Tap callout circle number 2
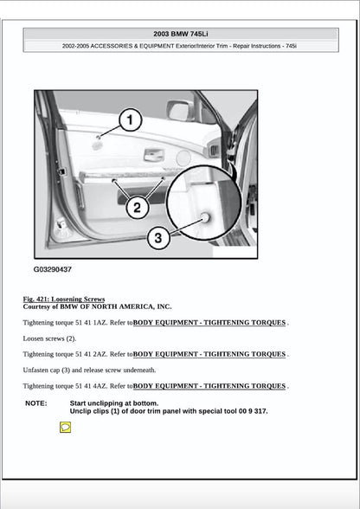[137, 207]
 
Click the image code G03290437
[53, 269]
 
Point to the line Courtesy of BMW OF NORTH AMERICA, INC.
[97, 306]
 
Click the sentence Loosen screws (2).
[49, 338]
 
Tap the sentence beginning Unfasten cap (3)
[89, 370]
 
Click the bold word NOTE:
[36, 403]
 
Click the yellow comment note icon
[65, 428]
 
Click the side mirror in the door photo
[180, 110]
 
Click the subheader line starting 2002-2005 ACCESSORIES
[180, 45]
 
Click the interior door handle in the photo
[153, 154]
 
